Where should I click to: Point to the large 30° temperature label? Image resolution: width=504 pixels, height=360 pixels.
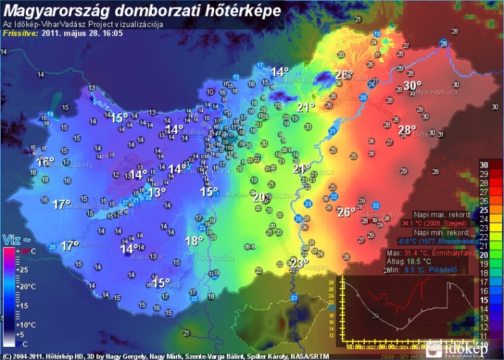(x=413, y=86)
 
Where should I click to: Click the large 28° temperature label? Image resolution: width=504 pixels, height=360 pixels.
(x=407, y=131)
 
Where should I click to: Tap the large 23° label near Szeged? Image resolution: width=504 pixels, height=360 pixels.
(x=299, y=262)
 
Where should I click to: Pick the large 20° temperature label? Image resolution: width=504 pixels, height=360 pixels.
(x=259, y=197)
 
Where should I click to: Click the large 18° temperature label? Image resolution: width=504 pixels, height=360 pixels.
(x=194, y=240)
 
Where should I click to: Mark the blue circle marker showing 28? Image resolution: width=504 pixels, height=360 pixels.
(x=444, y=43)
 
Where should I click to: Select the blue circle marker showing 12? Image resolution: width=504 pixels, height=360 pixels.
(x=236, y=76)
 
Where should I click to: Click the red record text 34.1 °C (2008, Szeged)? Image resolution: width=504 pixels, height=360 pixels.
(x=435, y=223)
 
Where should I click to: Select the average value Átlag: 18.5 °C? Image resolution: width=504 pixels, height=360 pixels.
(x=410, y=261)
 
